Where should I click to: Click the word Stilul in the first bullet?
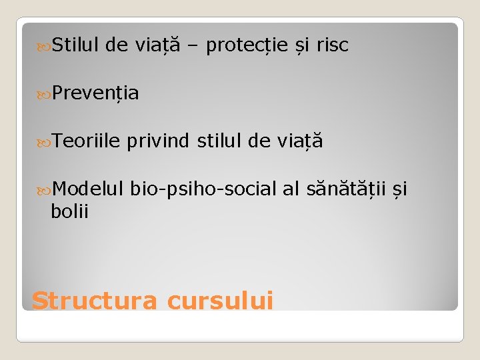click(x=75, y=45)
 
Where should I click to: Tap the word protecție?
click(x=247, y=45)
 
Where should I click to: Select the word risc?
click(x=332, y=45)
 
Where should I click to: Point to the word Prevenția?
click(x=95, y=93)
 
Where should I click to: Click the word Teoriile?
click(x=85, y=141)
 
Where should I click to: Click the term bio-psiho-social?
click(x=203, y=189)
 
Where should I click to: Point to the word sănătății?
click(x=345, y=189)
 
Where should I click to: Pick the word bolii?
click(x=70, y=211)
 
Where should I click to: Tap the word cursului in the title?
click(x=220, y=301)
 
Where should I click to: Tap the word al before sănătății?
click(x=291, y=189)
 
